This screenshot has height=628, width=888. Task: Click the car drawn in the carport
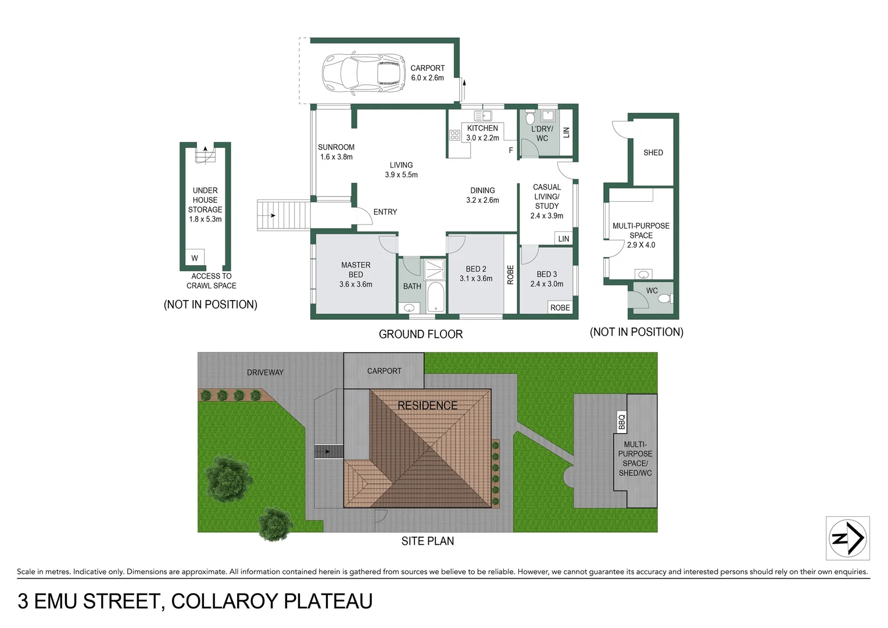click(364, 73)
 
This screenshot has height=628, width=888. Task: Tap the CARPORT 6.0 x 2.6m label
click(427, 73)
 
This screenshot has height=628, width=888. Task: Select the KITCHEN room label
click(482, 129)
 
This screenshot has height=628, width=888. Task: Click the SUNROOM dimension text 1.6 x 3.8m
click(336, 157)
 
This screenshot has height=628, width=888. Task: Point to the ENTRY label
click(385, 212)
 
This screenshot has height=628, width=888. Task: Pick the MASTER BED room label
click(356, 270)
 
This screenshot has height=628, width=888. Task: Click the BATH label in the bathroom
click(412, 286)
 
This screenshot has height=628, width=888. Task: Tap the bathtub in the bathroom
click(436, 297)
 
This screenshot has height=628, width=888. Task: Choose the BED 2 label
click(476, 269)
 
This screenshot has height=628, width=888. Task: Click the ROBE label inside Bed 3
click(560, 308)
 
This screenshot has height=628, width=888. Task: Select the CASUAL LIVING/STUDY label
click(547, 197)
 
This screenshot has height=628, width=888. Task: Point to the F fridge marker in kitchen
click(511, 151)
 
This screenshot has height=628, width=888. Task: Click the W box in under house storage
click(195, 258)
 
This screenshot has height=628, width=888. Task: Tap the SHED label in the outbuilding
click(653, 153)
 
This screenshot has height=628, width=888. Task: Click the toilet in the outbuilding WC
click(665, 299)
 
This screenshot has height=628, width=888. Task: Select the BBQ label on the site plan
click(622, 422)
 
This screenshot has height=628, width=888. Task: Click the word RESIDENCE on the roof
click(427, 405)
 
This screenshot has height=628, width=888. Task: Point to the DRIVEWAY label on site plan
click(265, 372)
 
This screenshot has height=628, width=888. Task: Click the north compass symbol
click(847, 538)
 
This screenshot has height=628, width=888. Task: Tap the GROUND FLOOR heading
click(421, 334)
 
